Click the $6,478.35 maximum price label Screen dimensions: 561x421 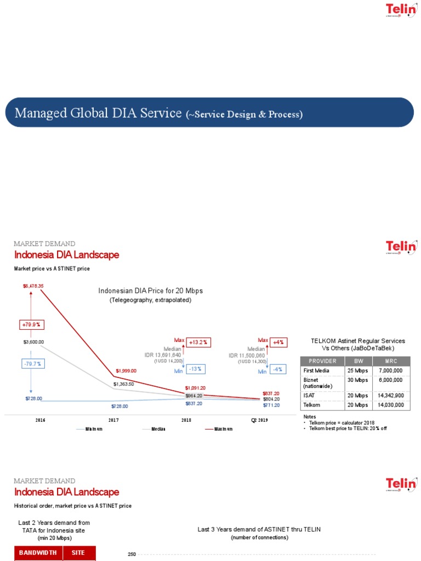(x=33, y=286)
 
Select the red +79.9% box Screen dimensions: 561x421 (x=31, y=324)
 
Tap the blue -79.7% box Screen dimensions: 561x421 (x=31, y=364)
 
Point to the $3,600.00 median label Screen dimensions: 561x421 (x=32, y=341)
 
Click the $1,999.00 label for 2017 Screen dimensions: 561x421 (x=126, y=371)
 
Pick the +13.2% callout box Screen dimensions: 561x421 (x=198, y=342)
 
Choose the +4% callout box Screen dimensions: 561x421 (x=278, y=342)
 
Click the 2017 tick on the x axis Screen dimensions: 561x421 (x=113, y=420)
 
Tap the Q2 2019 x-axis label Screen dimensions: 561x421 (x=259, y=420)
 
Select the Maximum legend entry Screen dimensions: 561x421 (x=223, y=428)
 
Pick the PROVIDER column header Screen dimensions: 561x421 (x=322, y=361)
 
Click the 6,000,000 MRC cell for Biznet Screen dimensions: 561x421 (x=391, y=380)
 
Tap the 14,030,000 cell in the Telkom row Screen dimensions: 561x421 (x=391, y=405)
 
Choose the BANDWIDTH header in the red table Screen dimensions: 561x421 (x=38, y=553)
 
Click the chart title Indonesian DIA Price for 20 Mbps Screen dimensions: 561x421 (x=154, y=290)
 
